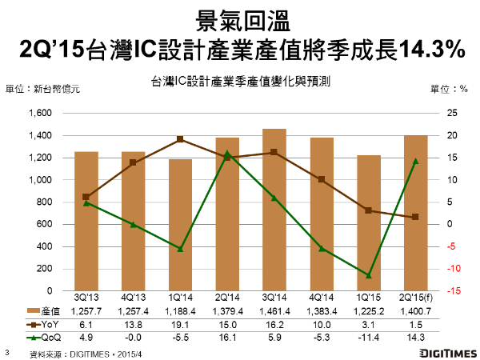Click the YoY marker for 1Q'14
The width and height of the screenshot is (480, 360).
[x=180, y=139]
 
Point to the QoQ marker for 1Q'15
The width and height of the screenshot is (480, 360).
[x=368, y=275]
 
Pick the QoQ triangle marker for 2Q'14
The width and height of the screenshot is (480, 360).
[x=227, y=153]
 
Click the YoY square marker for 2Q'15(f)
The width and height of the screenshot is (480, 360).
[x=415, y=218]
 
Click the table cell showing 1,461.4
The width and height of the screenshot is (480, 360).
[x=274, y=310]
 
